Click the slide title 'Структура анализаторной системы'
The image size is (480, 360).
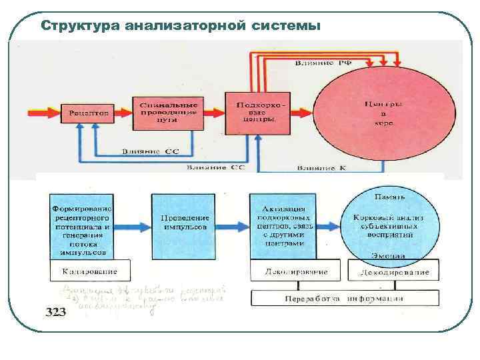click(180, 26)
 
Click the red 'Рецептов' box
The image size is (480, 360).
click(88, 113)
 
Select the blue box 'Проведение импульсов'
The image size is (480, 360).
click(185, 223)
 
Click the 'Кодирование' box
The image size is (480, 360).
click(89, 271)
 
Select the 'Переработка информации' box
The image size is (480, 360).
click(345, 298)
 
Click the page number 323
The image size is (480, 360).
click(55, 312)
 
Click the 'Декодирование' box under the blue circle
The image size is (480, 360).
click(393, 271)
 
